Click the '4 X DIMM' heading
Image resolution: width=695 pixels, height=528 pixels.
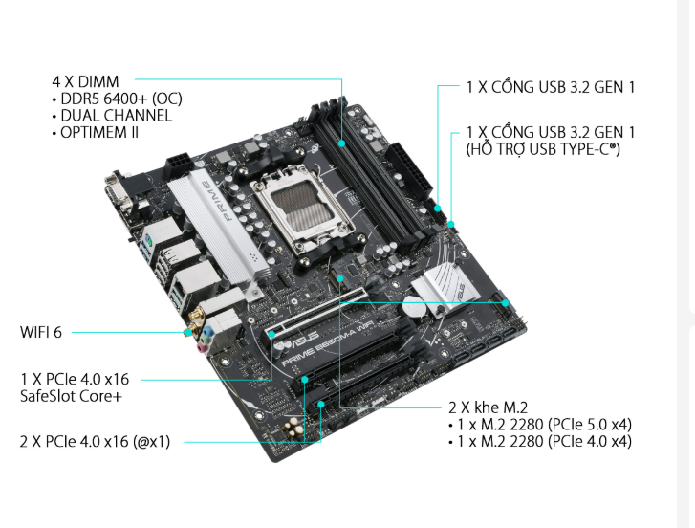click(85, 81)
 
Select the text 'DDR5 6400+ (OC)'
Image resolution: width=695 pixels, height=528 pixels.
click(121, 99)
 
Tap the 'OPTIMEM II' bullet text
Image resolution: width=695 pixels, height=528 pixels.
click(99, 132)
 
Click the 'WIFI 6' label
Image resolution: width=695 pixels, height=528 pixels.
click(41, 332)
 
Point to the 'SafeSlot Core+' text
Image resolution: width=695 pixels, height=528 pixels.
click(71, 396)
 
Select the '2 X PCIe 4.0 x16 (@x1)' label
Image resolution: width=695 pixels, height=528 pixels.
click(95, 442)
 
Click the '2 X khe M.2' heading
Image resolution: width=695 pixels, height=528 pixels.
click(488, 407)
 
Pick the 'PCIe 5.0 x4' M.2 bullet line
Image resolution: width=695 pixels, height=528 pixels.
click(544, 425)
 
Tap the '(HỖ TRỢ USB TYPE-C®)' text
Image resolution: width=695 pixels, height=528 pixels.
click(543, 149)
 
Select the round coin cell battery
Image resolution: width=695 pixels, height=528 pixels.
click(415, 306)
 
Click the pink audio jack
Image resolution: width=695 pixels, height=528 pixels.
click(202, 348)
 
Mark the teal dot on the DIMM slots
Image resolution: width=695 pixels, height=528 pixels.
click(341, 143)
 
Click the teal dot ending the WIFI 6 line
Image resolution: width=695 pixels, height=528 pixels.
click(189, 332)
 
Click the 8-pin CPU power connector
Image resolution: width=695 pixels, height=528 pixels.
click(181, 164)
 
